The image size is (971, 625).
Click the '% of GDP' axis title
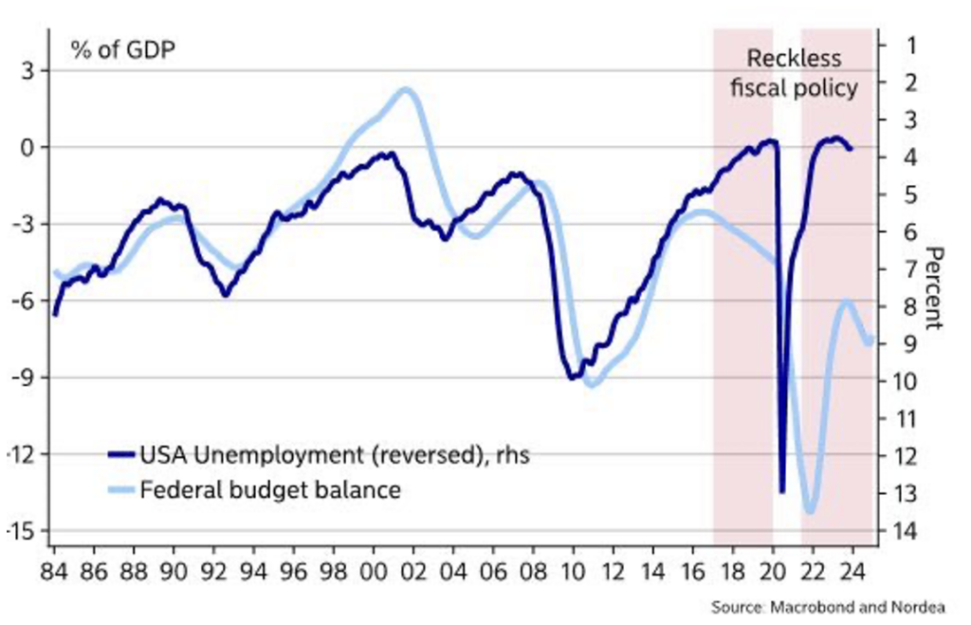(x=122, y=49)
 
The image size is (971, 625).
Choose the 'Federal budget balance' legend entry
(x=270, y=490)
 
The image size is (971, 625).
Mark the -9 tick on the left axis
(x=26, y=377)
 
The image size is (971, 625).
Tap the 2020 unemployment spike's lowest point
(x=782, y=491)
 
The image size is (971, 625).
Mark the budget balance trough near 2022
(x=810, y=511)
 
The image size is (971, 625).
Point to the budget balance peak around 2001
(x=405, y=90)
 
